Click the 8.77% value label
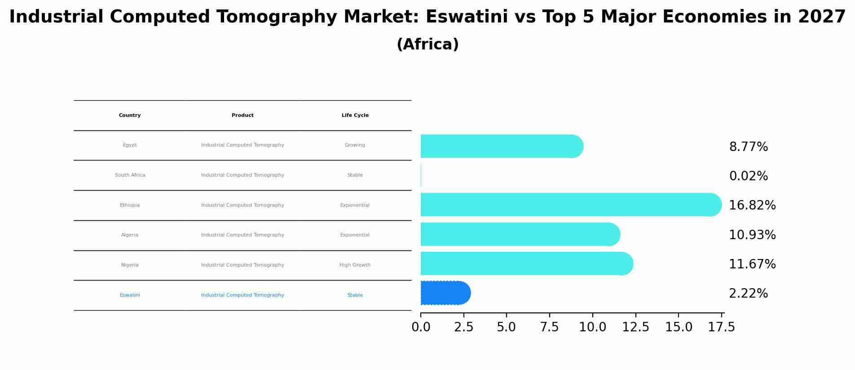tap(748, 147)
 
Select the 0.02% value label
tap(748, 176)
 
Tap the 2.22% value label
tap(748, 294)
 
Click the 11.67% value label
tap(752, 264)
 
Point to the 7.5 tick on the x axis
tap(549, 327)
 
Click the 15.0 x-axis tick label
tap(679, 327)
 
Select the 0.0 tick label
tap(421, 327)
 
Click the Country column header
tap(130, 116)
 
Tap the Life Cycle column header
tap(355, 116)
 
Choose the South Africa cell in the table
tap(130, 175)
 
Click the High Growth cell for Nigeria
tap(355, 265)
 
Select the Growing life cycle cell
tap(355, 145)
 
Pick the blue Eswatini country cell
tap(130, 295)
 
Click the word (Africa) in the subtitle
tap(427, 45)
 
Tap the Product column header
tap(242, 116)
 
